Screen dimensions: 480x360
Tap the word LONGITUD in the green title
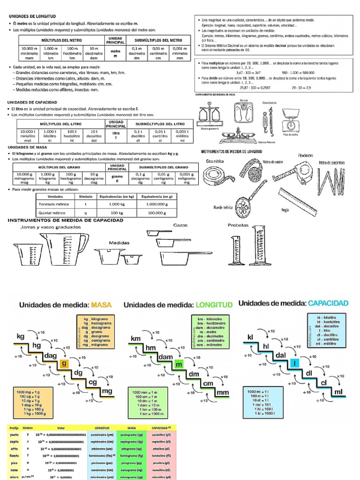(213, 305)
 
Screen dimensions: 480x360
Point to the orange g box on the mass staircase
(64, 364)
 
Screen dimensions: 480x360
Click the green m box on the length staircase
(178, 364)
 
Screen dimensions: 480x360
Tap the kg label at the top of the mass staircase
(20, 337)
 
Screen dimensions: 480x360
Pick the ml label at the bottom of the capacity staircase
(338, 391)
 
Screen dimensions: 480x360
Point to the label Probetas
(238, 225)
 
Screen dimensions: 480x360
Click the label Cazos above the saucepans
(180, 225)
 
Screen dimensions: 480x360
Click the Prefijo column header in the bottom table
(15, 428)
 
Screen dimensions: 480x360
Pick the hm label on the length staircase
(150, 348)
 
